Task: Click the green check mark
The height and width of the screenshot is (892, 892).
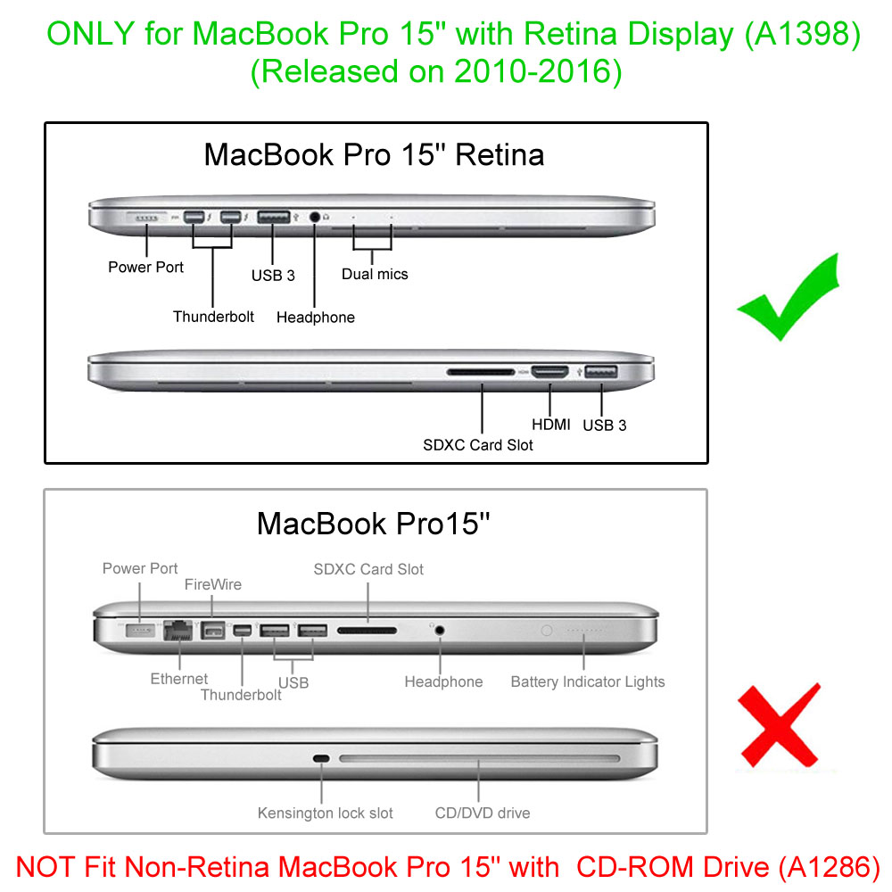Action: click(785, 299)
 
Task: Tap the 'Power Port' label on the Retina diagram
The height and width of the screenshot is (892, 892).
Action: click(146, 267)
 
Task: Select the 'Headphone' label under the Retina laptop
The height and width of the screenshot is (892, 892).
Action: click(316, 317)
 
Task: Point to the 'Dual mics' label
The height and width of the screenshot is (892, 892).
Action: click(375, 274)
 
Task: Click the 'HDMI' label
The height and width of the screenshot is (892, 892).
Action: click(551, 425)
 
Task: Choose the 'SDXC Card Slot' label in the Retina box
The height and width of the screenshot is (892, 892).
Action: click(478, 444)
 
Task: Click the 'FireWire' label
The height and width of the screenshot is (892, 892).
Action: click(213, 584)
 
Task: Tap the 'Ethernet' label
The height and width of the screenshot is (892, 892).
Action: click(179, 679)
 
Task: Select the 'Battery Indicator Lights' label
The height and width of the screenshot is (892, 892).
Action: click(588, 681)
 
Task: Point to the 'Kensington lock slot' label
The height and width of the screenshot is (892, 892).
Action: click(326, 813)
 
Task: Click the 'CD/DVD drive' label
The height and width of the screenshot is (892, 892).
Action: click(483, 813)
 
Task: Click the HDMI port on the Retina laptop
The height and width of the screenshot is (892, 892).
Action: click(549, 370)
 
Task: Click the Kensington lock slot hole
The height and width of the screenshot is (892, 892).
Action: click(321, 759)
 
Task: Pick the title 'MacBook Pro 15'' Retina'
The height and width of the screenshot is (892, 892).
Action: click(374, 154)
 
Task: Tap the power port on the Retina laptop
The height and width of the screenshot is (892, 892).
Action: click(149, 218)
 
